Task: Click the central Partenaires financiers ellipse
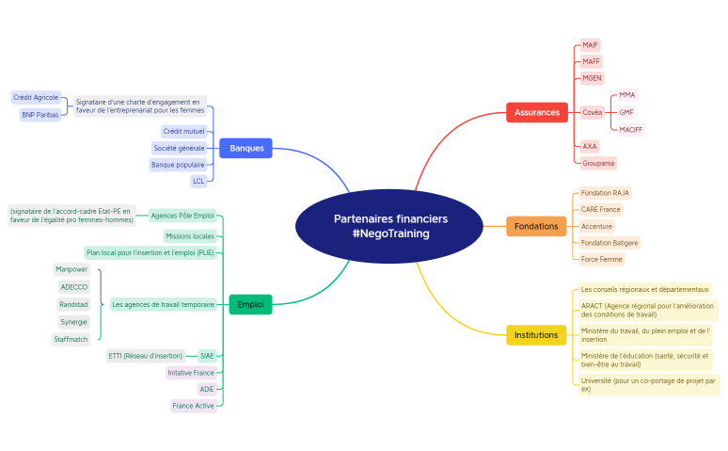(389, 226)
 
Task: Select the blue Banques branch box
(245, 149)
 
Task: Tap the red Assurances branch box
(537, 113)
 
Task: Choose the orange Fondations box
(536, 226)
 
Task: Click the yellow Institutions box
(536, 335)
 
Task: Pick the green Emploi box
(250, 304)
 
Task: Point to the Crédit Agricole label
(36, 98)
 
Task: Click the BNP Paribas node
(40, 115)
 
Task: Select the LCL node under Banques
(198, 182)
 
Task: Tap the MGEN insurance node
(592, 78)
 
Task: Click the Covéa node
(593, 113)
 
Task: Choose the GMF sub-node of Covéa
(626, 113)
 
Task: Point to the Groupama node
(598, 163)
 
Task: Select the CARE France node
(601, 210)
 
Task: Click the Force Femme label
(602, 260)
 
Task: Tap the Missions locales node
(190, 236)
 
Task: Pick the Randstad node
(73, 304)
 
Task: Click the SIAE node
(207, 356)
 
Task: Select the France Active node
(193, 406)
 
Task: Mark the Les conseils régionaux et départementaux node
(645, 290)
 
